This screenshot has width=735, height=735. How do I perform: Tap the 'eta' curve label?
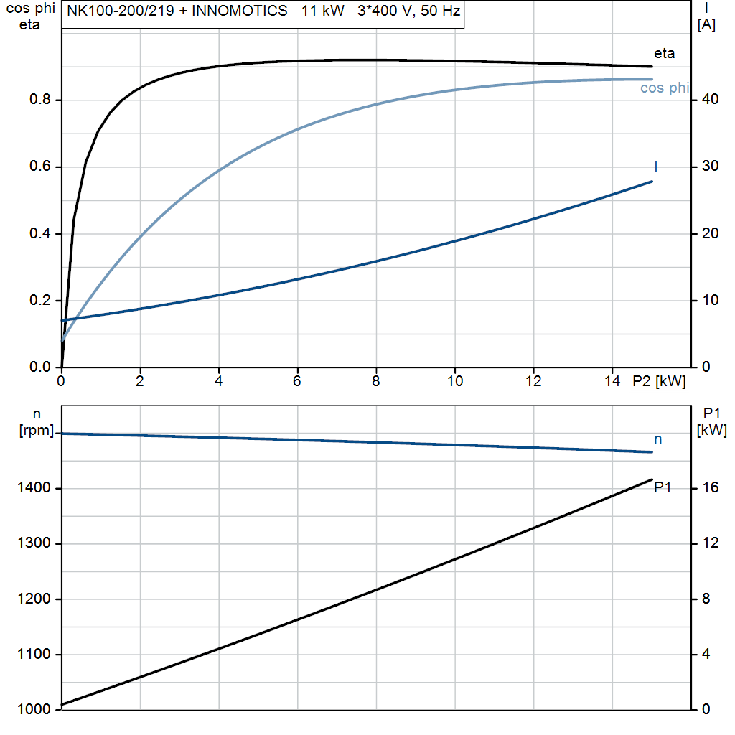[x=664, y=53]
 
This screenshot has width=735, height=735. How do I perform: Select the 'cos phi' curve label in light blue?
[x=665, y=88]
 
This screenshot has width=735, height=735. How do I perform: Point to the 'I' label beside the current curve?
[x=655, y=167]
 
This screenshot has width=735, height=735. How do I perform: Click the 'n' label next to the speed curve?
[x=657, y=439]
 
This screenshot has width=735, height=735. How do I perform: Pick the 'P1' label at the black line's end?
[x=663, y=488]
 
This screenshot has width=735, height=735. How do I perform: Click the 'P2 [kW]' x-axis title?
[x=659, y=382]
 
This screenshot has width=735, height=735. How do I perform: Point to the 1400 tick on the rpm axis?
[x=34, y=489]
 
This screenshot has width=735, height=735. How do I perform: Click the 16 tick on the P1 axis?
[x=709, y=489]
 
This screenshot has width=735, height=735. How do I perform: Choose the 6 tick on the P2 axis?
[x=297, y=382]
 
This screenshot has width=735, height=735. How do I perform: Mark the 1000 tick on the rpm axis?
[x=34, y=710]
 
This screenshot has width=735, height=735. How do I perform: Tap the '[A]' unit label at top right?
[x=706, y=26]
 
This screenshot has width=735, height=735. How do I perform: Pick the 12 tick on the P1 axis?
[x=709, y=544]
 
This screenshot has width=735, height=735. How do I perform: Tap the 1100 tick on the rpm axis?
[x=34, y=655]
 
